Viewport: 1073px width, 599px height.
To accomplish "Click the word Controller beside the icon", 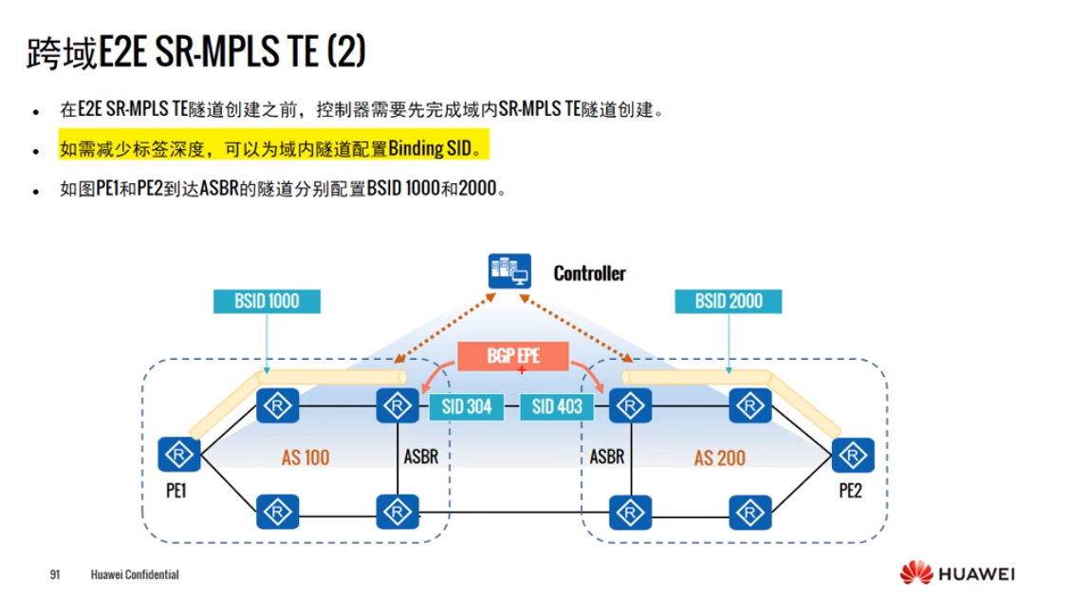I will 589,273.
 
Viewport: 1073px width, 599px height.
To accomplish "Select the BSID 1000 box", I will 267,302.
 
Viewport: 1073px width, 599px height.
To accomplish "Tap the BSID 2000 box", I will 729,302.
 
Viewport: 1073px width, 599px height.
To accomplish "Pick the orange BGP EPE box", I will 513,356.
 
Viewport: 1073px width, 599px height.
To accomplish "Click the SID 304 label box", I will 467,407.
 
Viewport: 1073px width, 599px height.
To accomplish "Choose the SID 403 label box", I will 557,407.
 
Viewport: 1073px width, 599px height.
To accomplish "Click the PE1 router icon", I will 177,455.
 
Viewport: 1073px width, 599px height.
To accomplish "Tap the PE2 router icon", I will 851,455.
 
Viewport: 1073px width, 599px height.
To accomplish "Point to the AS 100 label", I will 305,458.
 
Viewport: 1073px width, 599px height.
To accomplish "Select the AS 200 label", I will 719,458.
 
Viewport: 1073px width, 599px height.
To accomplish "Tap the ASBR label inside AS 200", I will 607,457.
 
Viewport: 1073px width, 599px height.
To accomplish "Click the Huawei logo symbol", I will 916,573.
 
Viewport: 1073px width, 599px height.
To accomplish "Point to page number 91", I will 55,575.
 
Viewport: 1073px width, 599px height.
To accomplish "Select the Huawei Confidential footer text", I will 135,575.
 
